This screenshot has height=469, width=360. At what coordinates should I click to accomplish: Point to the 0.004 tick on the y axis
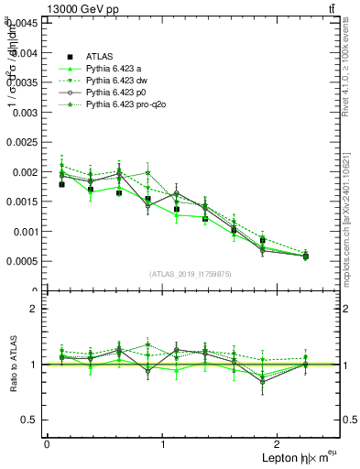point(27,53)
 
